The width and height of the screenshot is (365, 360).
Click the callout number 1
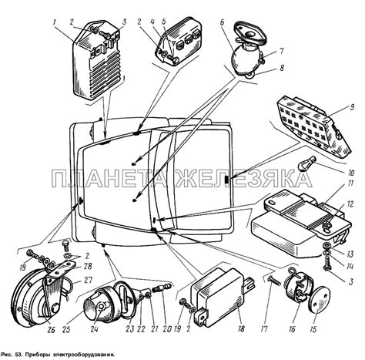click(54, 22)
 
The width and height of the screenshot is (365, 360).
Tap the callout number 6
click(222, 22)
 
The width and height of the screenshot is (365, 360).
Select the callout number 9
click(351, 107)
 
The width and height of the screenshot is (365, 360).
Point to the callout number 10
click(351, 173)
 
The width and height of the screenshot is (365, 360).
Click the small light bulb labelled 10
click(307, 166)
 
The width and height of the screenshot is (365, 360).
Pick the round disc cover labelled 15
click(317, 299)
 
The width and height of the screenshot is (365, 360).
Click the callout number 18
click(241, 328)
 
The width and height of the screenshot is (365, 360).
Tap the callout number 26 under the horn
click(52, 330)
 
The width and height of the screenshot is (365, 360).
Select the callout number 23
click(130, 329)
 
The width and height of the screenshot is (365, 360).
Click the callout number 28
click(88, 266)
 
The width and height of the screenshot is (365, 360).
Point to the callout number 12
click(350, 204)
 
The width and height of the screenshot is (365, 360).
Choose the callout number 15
click(313, 329)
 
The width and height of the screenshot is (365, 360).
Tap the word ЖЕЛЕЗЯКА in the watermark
click(244, 178)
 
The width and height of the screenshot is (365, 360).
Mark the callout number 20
click(167, 329)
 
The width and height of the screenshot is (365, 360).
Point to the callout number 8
click(282, 68)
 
